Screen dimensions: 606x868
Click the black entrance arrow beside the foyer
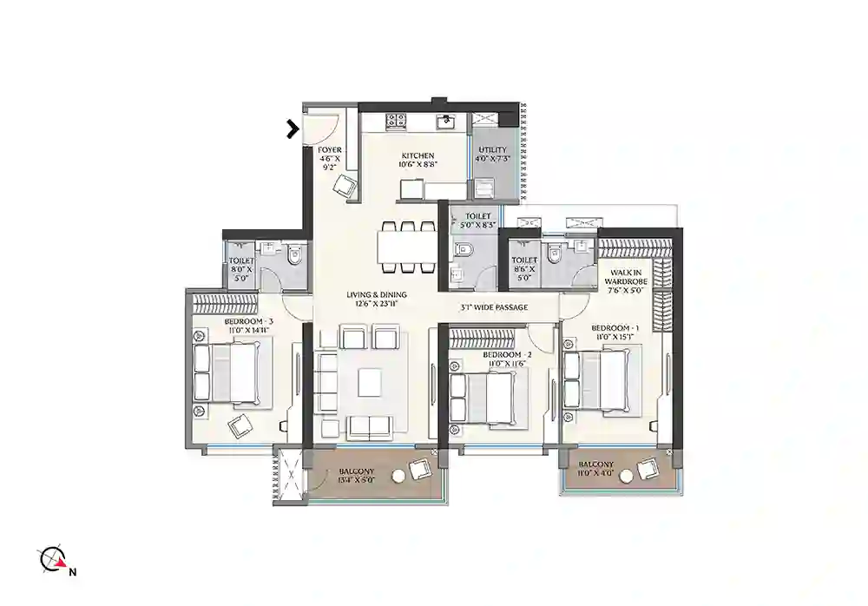[294, 129]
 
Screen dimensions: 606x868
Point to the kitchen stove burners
[396, 121]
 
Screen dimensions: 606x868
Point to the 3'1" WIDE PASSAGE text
[494, 306]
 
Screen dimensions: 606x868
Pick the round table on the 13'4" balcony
[398, 475]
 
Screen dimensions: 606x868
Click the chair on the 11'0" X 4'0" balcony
[647, 469]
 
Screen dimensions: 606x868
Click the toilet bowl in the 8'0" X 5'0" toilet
[293, 256]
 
